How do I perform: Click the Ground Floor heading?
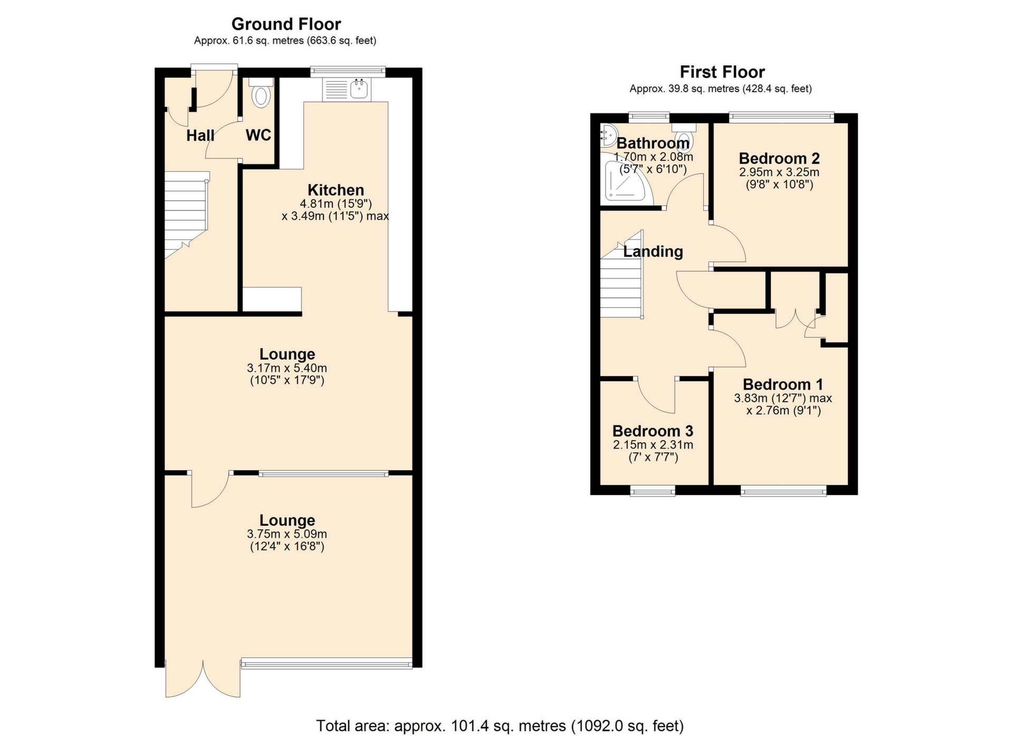coord(286,24)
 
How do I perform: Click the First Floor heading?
coord(722,72)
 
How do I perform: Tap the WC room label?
coord(259,135)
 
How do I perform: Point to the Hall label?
coord(200,135)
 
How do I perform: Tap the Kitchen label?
coord(336,190)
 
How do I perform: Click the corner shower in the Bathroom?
coord(627,179)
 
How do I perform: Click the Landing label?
coord(653,251)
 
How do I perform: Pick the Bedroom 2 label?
coord(779,158)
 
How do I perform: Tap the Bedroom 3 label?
coord(653,431)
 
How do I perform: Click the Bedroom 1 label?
coord(783,384)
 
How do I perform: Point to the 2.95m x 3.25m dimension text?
coord(779,172)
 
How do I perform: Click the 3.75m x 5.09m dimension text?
coord(287,534)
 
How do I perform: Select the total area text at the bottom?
coord(500,726)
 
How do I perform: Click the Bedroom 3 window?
coord(653,491)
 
